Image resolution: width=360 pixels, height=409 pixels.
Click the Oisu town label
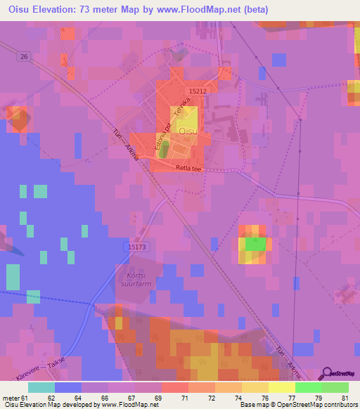click(187, 131)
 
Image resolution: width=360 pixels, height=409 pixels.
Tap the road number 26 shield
click(25, 57)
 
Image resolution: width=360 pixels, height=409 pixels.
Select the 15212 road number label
click(198, 91)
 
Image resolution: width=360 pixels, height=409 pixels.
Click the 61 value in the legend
click(24, 398)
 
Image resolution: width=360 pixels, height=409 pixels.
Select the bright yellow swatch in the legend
click(282, 387)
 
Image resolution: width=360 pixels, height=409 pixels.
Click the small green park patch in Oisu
click(164, 149)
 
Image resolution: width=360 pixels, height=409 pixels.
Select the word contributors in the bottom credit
click(339, 405)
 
